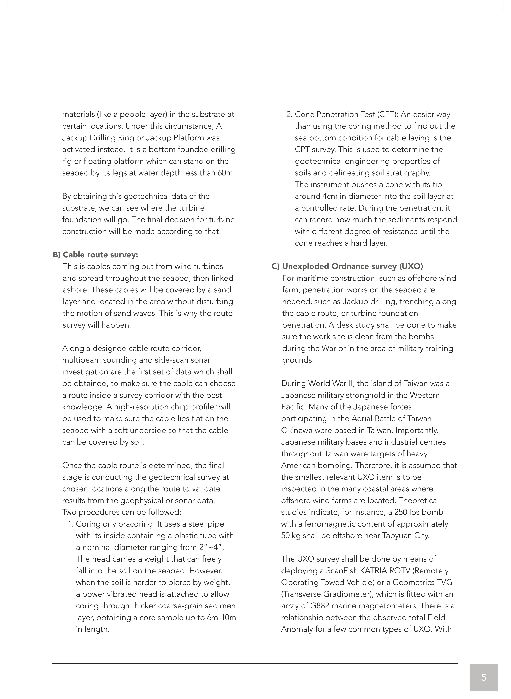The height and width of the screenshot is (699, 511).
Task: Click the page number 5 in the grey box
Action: [483, 677]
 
